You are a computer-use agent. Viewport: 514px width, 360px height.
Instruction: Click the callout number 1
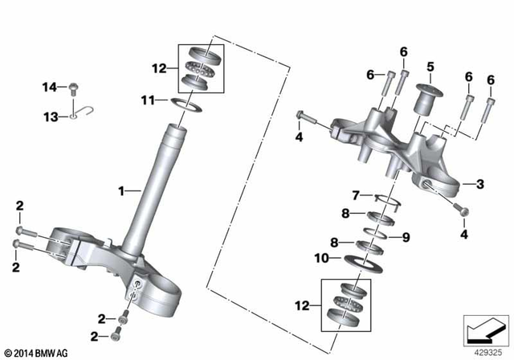[x=121, y=190]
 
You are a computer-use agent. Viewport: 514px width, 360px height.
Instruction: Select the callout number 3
[x=480, y=185]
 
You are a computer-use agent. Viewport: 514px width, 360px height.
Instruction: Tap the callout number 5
[x=430, y=66]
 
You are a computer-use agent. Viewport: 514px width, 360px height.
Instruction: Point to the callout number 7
[x=356, y=195]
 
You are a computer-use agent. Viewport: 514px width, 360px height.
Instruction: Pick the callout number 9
[x=406, y=236]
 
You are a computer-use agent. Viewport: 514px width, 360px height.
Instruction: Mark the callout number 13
[x=50, y=117]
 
